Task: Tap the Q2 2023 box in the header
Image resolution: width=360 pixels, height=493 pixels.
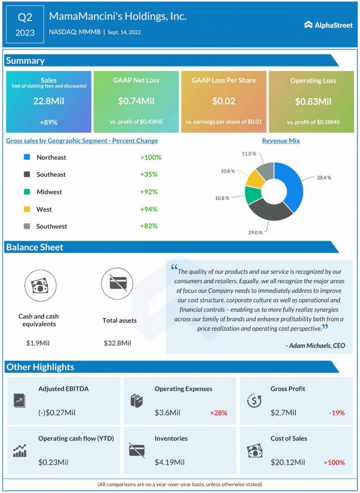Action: [25, 24]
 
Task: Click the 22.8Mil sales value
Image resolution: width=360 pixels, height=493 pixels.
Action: [49, 102]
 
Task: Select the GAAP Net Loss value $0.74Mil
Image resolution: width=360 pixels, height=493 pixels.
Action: [136, 102]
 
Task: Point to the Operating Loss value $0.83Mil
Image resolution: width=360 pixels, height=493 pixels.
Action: [313, 102]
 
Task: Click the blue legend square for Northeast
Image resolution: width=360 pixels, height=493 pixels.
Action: [27, 157]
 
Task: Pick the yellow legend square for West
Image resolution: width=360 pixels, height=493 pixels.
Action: [27, 209]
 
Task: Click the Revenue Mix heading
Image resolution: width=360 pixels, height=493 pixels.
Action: [281, 141]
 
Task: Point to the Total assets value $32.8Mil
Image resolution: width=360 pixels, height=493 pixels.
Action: [117, 343]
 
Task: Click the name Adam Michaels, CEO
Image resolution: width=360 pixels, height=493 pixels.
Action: [315, 346]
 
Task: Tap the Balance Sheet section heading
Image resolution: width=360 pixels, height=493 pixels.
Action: [35, 247]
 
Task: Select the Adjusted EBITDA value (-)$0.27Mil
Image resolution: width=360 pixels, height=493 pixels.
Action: [57, 413]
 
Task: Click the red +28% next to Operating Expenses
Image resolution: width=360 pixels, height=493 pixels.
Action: [219, 413]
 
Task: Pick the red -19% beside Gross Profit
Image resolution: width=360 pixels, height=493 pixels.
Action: [336, 413]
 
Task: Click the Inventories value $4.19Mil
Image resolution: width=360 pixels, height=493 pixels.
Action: [169, 462]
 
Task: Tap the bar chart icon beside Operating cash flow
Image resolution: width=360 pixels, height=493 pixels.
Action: [20, 451]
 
